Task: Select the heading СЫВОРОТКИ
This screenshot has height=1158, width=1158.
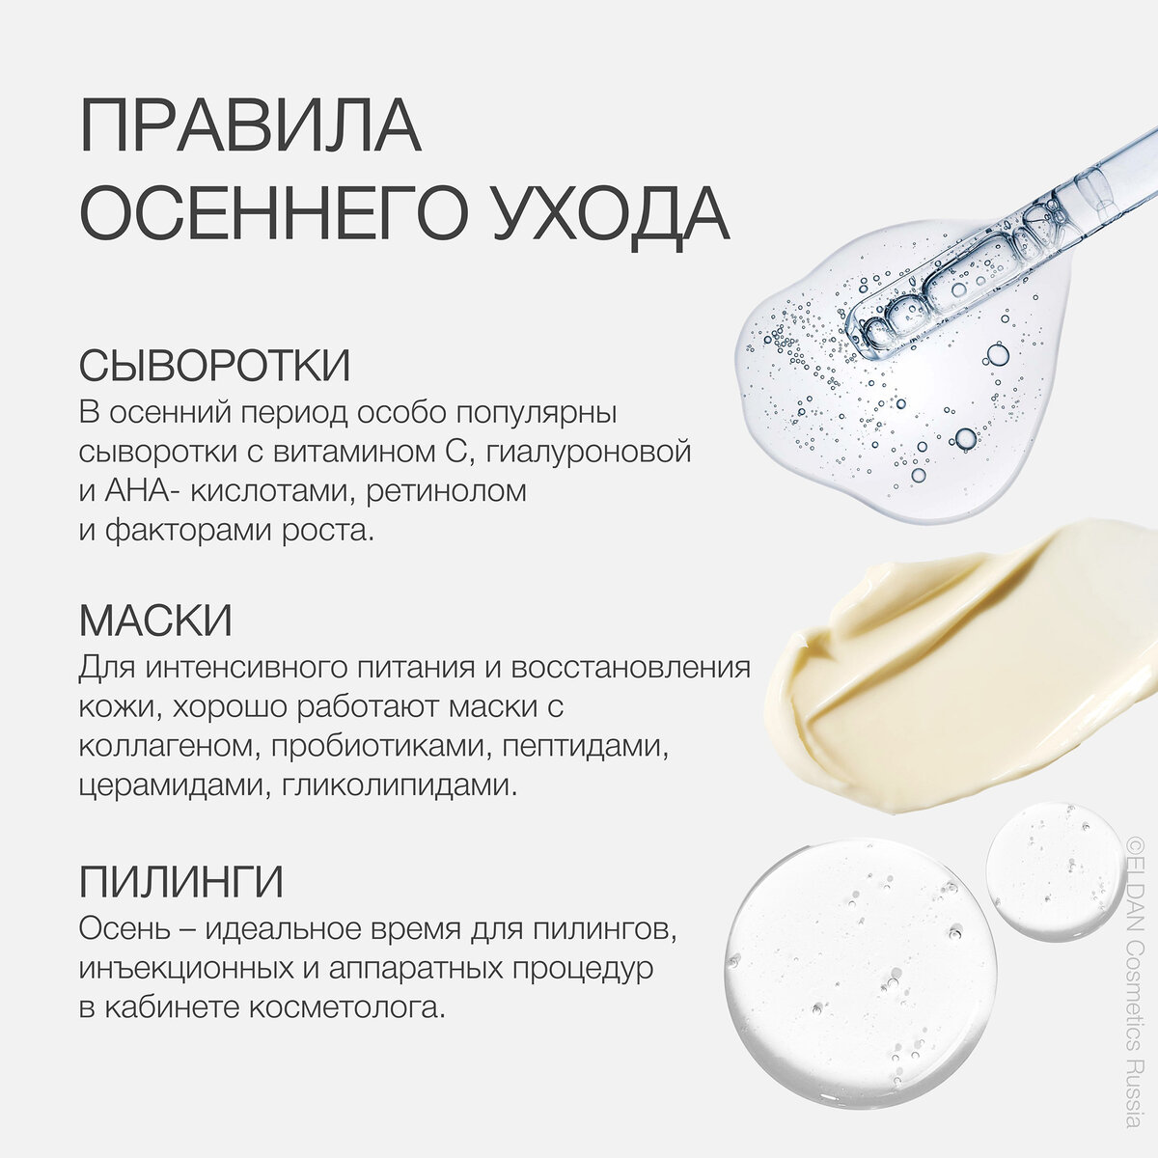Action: pyautogui.click(x=214, y=365)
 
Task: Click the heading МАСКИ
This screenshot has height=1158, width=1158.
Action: pyautogui.click(x=155, y=620)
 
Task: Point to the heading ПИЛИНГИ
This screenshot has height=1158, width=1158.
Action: pyautogui.click(x=180, y=882)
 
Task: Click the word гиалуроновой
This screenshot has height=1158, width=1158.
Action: pyautogui.click(x=588, y=452)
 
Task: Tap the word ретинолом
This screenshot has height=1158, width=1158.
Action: pyautogui.click(x=446, y=491)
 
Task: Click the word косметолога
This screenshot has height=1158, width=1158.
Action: pyautogui.click(x=346, y=1007)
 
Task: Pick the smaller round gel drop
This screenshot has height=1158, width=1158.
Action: pyautogui.click(x=1056, y=871)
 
